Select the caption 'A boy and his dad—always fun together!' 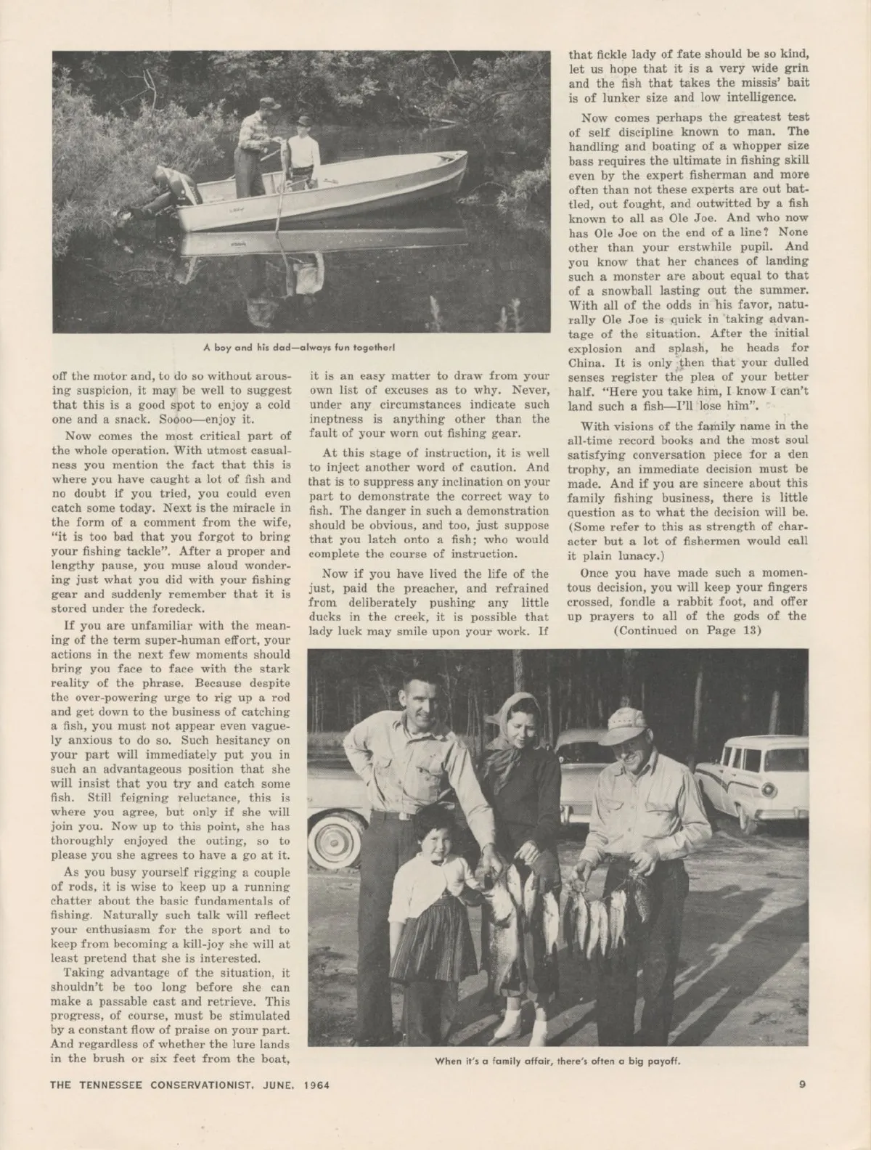click(300, 346)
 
